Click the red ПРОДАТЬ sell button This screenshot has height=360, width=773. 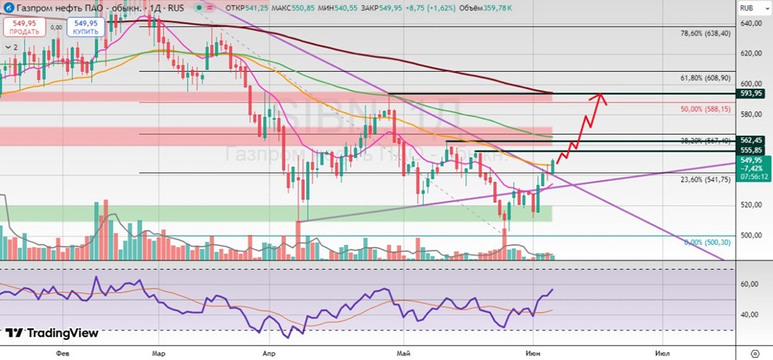(x=24, y=27)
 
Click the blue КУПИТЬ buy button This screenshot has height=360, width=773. (x=85, y=27)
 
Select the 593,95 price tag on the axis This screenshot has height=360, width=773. (x=752, y=93)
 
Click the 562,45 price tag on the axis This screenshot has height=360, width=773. (x=752, y=140)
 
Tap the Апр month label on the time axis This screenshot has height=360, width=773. (x=267, y=351)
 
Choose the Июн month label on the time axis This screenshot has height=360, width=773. (x=532, y=351)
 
